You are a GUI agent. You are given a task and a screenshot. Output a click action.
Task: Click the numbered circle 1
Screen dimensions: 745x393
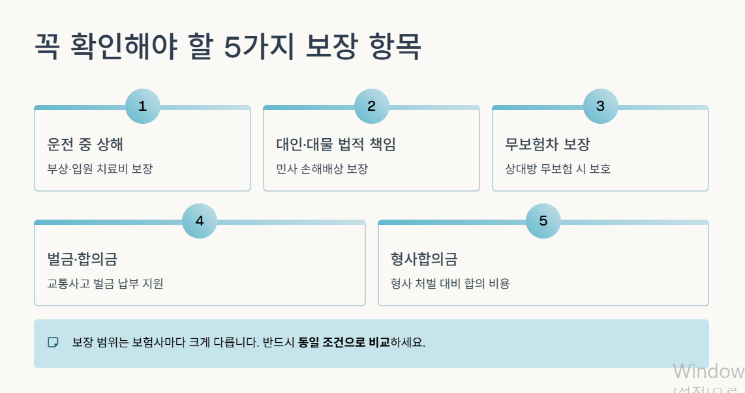point(143,106)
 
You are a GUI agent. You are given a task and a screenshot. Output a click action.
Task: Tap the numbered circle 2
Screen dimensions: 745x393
point(372,106)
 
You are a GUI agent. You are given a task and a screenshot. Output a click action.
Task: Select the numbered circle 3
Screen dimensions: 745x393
point(601,106)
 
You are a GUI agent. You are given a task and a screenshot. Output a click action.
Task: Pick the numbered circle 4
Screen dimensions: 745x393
point(200,221)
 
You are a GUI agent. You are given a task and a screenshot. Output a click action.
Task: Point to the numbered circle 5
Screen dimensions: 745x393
point(543,221)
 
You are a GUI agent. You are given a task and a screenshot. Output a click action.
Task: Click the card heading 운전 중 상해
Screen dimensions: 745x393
point(85,144)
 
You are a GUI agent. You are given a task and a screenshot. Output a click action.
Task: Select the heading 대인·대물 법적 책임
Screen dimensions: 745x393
point(336,144)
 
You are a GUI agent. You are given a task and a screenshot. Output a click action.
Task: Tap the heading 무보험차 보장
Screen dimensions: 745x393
point(547,144)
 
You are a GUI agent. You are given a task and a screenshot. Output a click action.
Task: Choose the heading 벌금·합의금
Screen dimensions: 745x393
point(82,259)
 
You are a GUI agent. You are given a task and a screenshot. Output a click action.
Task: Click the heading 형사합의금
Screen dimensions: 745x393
point(424,259)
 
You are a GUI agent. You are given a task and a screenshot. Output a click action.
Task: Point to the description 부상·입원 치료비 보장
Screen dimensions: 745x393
point(100,169)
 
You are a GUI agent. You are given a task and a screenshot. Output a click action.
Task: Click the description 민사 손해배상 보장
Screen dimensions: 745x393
point(322,169)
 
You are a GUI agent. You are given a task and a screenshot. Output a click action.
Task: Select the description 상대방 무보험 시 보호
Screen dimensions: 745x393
point(558,169)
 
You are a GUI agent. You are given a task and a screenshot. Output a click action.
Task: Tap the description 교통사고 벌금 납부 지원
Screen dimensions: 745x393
point(105,284)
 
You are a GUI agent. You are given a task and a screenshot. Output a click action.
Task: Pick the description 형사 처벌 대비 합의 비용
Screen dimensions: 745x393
point(450,284)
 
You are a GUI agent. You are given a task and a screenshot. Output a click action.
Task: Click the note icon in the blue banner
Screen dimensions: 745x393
point(53,342)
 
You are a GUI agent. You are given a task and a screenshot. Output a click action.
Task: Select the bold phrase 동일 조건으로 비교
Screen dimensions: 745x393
point(344,342)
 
